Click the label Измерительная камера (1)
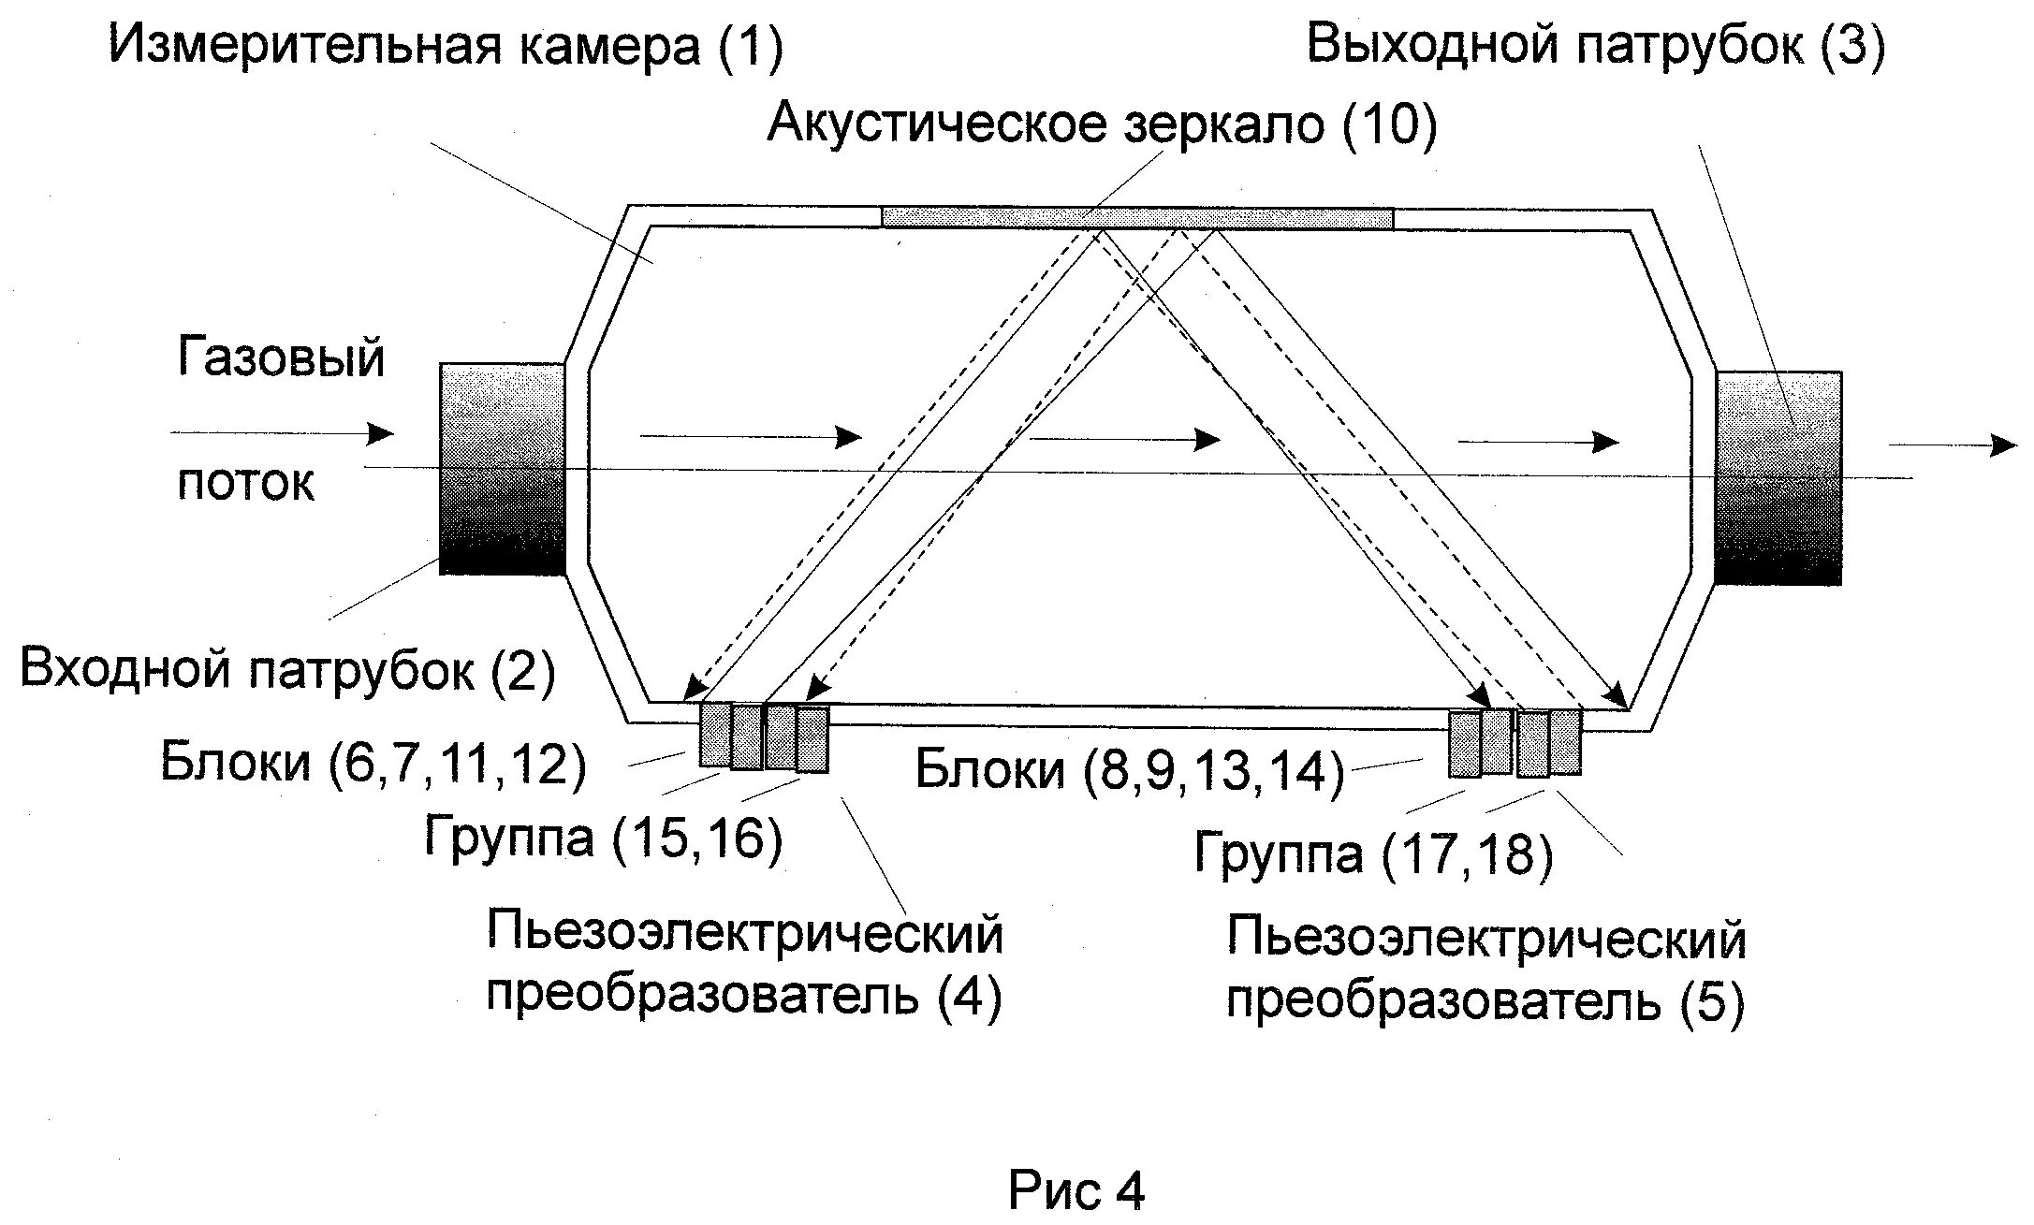(446, 46)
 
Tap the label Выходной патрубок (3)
(1595, 44)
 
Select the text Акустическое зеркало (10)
(1102, 124)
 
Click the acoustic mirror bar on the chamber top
(1136, 217)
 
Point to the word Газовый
(281, 359)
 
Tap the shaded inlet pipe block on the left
(502, 468)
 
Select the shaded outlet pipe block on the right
(1778, 477)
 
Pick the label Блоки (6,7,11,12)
(373, 764)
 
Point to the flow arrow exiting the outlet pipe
(1952, 445)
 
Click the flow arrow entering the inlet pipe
(282, 432)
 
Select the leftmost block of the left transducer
(716, 735)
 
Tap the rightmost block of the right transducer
(1565, 742)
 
